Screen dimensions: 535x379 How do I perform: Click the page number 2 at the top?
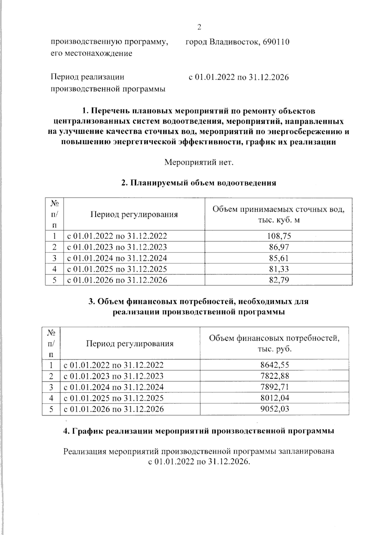click(199, 27)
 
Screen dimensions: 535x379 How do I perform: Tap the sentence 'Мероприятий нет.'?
click(199, 163)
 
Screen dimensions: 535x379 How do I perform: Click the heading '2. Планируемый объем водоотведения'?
click(199, 183)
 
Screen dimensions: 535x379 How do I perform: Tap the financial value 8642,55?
click(275, 365)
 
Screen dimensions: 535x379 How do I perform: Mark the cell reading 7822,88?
click(275, 376)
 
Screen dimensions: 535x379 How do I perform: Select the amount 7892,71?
click(275, 387)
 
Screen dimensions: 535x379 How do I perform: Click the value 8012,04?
click(275, 398)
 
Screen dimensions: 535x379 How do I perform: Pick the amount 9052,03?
click(275, 409)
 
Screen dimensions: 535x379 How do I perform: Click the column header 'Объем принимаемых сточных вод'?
click(278, 210)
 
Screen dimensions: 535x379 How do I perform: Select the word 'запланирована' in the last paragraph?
click(306, 451)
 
